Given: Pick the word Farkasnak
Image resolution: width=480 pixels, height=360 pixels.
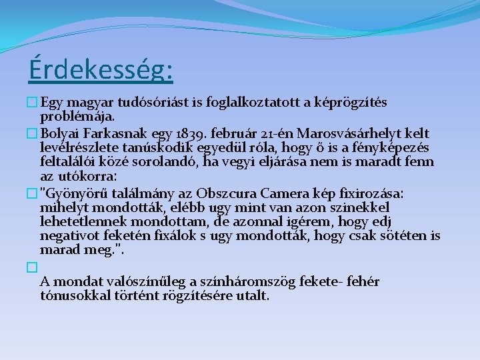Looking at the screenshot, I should point(113,133).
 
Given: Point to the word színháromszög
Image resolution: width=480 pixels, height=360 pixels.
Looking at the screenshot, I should point(255,282).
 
